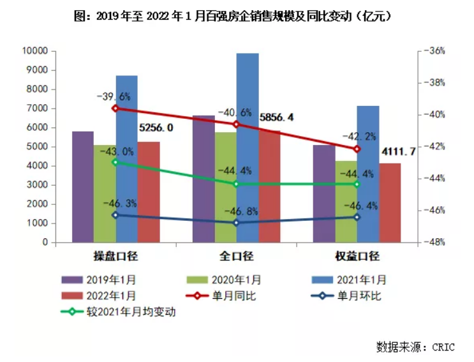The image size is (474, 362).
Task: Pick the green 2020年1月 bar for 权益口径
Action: (346, 201)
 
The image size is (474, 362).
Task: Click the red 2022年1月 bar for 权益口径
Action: (390, 202)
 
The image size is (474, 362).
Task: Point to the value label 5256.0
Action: (156, 128)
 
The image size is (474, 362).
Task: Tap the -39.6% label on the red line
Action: (114, 96)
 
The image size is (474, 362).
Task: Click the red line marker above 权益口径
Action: (357, 149)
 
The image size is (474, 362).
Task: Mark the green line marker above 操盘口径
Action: (115, 162)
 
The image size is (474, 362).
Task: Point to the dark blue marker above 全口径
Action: (236, 223)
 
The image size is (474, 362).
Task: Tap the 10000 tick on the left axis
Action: (35, 50)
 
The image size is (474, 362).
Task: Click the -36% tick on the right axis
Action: (426, 50)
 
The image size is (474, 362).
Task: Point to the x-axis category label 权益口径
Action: (357, 257)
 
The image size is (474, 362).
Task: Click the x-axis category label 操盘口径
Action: (116, 257)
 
